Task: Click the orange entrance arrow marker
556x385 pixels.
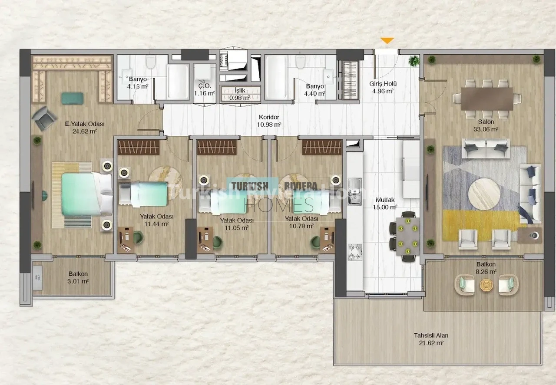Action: pyautogui.click(x=387, y=40)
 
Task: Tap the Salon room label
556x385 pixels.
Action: pyautogui.click(x=486, y=122)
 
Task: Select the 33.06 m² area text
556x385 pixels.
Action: pyautogui.click(x=486, y=129)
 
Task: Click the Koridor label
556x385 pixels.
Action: pyautogui.click(x=269, y=117)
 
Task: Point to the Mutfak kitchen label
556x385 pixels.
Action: pyautogui.click(x=385, y=200)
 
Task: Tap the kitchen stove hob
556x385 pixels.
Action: pyautogui.click(x=355, y=252)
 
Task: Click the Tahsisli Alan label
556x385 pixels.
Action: pyautogui.click(x=431, y=336)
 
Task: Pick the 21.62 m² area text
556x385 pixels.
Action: pyautogui.click(x=431, y=343)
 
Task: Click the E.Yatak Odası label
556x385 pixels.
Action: pyautogui.click(x=85, y=124)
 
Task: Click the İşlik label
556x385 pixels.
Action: pyautogui.click(x=240, y=91)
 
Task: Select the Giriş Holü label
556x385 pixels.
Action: pyautogui.click(x=383, y=84)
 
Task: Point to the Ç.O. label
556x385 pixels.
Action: pyautogui.click(x=205, y=86)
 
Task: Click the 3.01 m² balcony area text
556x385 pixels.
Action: pyautogui.click(x=78, y=281)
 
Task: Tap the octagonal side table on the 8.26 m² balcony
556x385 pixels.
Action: pyautogui.click(x=486, y=285)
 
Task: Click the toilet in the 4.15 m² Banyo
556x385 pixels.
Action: pyautogui.click(x=151, y=62)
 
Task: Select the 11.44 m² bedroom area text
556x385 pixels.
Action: pyautogui.click(x=157, y=224)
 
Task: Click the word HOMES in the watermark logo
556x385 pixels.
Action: pyautogui.click(x=279, y=205)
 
